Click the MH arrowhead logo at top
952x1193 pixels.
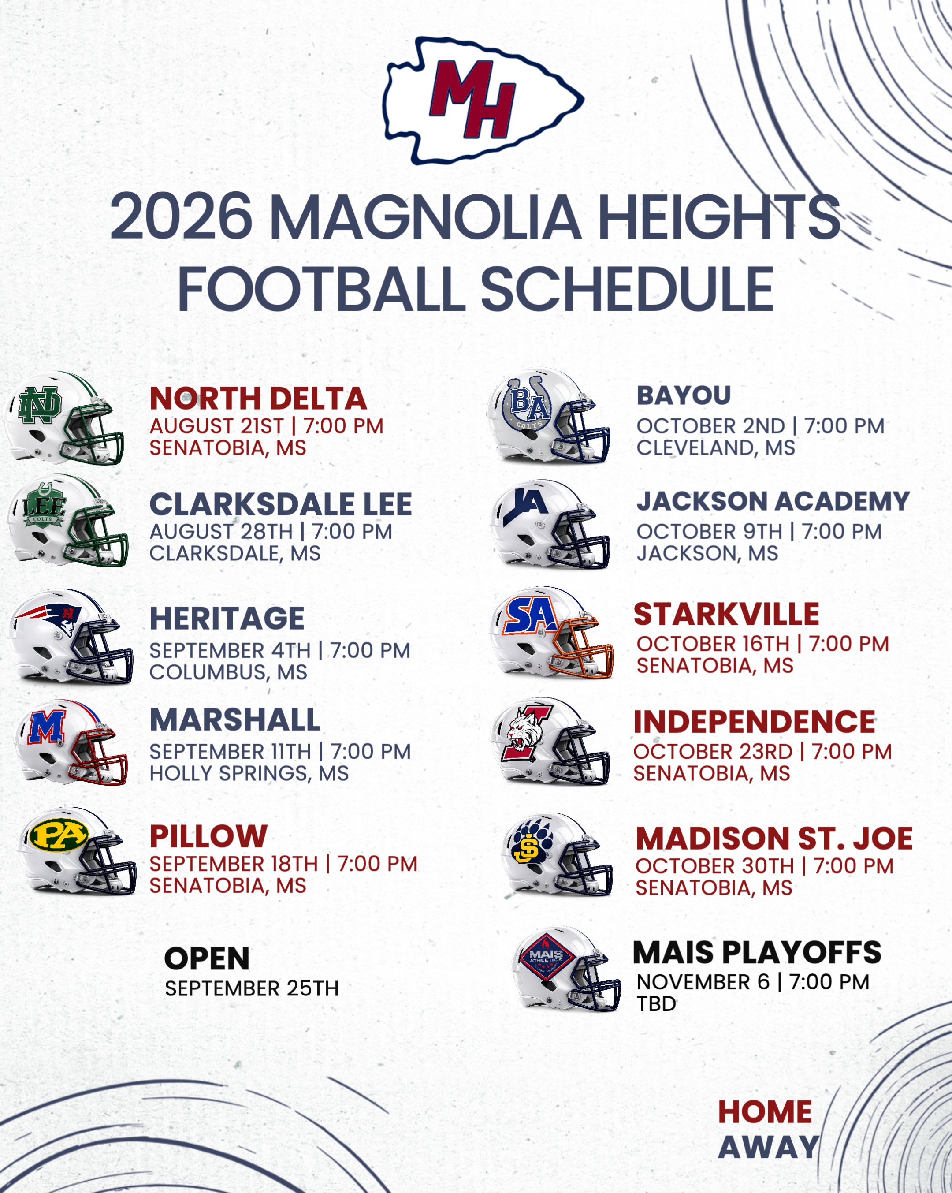[x=483, y=101]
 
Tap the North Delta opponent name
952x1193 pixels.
[x=258, y=399]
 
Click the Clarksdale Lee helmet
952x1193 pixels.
[x=67, y=520]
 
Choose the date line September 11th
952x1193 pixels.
[x=280, y=751]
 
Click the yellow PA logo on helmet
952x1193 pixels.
[x=59, y=835]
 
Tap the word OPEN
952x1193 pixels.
[x=207, y=959]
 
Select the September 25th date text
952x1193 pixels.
[x=252, y=989]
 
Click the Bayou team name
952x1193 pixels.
[x=684, y=395]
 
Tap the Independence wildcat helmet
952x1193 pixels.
[x=551, y=741]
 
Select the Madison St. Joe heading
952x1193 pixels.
[x=774, y=838]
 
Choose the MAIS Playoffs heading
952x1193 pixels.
[x=757, y=952]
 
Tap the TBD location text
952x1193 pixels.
[x=656, y=1004]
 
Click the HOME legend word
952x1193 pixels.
[x=765, y=1112]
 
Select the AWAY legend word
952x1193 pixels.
[x=768, y=1147]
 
